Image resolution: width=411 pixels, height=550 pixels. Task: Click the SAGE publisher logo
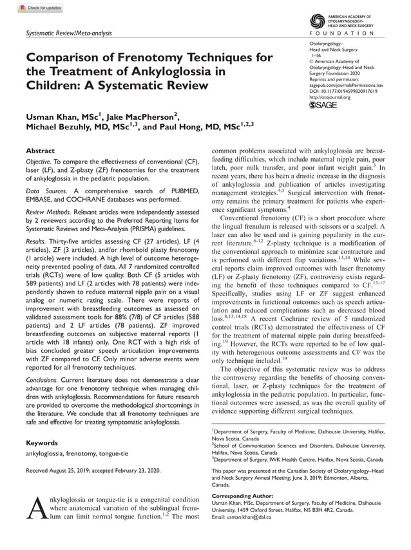pos(324,105)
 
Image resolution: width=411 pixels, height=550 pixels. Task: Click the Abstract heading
pos(41,151)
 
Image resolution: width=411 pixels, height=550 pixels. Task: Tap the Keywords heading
pos(42,443)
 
